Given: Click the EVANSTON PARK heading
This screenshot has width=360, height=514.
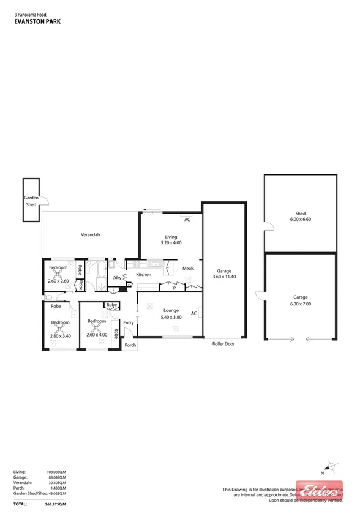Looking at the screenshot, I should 37,21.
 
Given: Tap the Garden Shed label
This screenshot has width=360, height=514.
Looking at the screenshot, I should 31,201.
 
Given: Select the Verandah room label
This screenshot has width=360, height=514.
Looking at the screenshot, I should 91,235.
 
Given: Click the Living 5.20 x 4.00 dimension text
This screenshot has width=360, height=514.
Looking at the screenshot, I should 171,243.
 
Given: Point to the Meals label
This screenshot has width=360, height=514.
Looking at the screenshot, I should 188,268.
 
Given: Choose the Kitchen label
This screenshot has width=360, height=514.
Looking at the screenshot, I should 143,275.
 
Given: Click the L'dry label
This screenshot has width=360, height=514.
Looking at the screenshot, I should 116,278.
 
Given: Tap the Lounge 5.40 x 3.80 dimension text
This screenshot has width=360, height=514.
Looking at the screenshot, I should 170,317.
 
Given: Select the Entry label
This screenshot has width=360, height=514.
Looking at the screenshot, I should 129,322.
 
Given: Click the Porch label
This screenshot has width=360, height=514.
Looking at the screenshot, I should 130,345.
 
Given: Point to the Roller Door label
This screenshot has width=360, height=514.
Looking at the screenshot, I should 223,344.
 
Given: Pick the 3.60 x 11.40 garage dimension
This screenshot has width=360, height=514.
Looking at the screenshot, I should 223,277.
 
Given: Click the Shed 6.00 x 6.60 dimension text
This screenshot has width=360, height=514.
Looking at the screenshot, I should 300,219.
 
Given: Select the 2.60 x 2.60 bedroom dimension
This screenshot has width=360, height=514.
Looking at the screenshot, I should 59,281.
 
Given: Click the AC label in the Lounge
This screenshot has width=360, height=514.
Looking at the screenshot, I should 193,313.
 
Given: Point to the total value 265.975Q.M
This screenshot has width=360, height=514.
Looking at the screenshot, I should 56,504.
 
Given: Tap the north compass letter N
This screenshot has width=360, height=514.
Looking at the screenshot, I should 322,473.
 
